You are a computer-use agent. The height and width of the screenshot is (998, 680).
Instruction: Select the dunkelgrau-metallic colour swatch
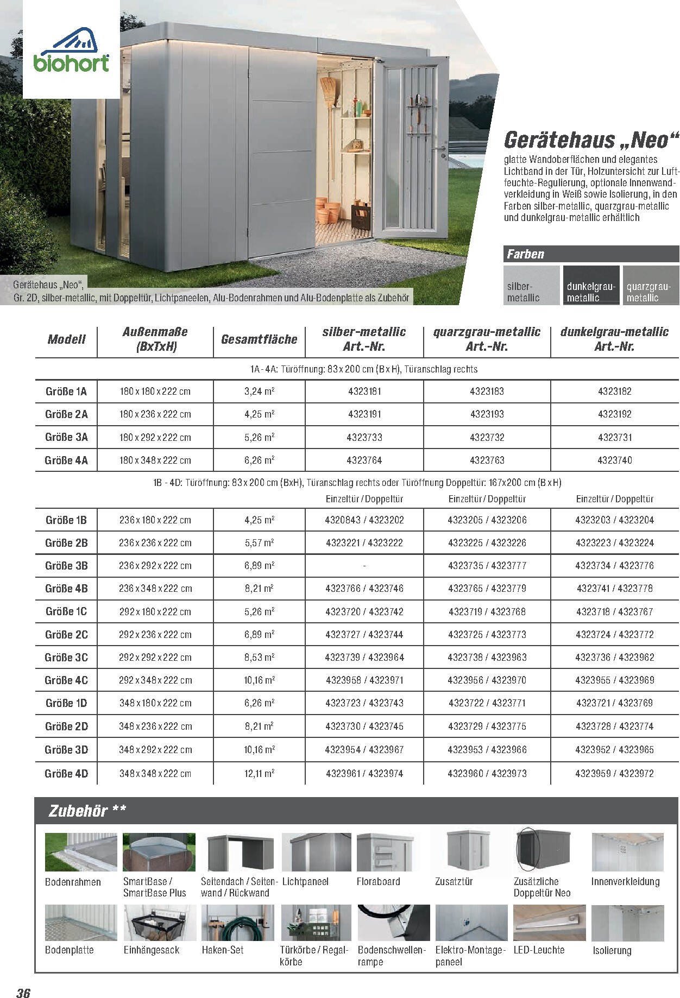(591, 285)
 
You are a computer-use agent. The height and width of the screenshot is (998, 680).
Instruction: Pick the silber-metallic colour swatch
(531, 285)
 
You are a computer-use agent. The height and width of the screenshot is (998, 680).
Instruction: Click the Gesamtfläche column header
(259, 339)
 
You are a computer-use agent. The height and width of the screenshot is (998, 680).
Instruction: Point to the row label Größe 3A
(66, 437)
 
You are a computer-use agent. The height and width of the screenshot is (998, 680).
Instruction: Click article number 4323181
(364, 391)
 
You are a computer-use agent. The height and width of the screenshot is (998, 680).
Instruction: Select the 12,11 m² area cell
(259, 773)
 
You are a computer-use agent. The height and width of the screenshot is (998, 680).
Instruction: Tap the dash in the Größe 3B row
(364, 566)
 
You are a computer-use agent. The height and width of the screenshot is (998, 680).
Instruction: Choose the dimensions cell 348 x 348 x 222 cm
(155, 773)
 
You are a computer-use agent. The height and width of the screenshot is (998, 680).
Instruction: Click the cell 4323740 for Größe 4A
(614, 460)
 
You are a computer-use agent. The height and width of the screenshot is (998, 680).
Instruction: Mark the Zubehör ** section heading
(87, 811)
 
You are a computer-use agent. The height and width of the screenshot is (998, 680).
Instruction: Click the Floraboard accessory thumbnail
(385, 852)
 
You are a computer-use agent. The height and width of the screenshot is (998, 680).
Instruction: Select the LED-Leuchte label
(539, 950)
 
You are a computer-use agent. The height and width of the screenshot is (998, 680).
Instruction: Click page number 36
(23, 993)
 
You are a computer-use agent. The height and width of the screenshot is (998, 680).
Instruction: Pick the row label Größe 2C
(66, 634)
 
